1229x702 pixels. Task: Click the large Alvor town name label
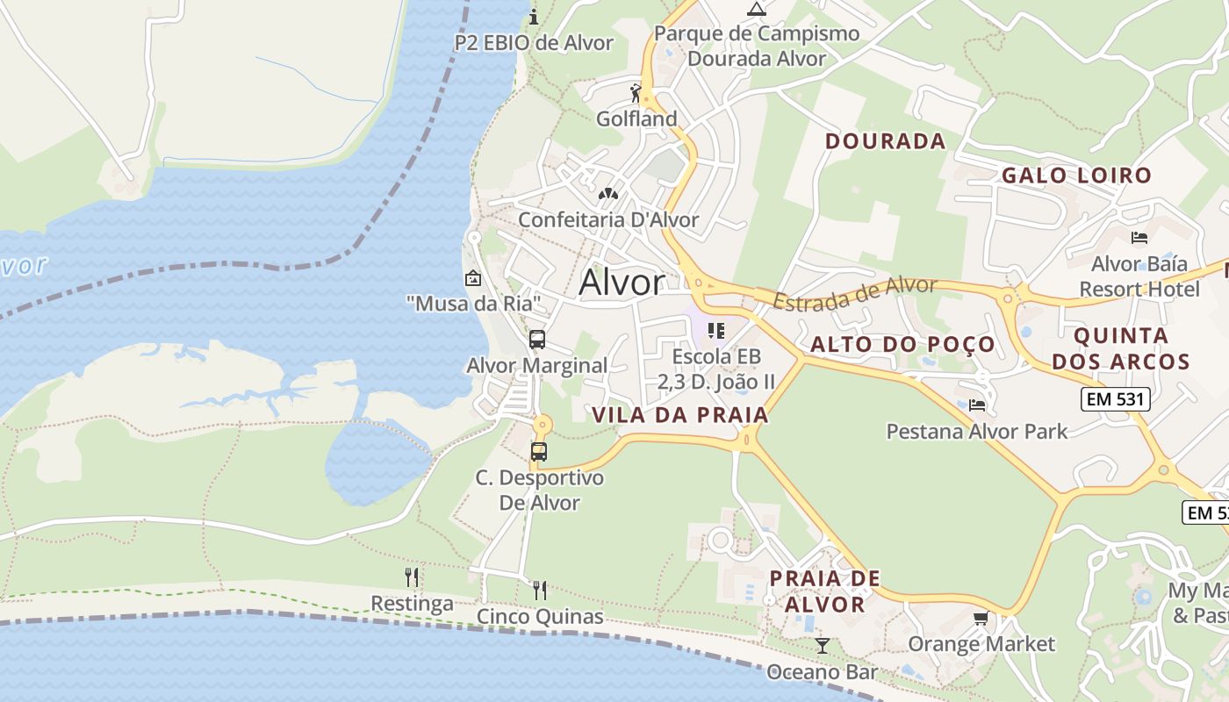tap(622, 283)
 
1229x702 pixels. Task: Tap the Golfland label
tap(636, 118)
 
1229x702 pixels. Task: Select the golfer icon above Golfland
tap(636, 92)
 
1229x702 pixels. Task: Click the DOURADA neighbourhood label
tap(885, 141)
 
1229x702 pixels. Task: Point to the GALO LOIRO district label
tap(1076, 175)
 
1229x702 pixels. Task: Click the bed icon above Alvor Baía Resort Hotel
tap(1139, 237)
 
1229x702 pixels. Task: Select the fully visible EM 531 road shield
tap(1115, 398)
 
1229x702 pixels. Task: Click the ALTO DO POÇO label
tap(902, 344)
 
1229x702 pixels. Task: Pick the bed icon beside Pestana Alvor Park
tap(977, 405)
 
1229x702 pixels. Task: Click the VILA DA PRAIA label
tap(680, 415)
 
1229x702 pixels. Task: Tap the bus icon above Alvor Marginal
tap(537, 340)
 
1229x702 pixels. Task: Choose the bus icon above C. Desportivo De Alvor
tap(539, 452)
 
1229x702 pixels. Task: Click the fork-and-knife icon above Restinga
tap(412, 577)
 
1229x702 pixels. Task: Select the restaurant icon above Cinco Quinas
tap(540, 590)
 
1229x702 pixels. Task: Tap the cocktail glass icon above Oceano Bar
tap(822, 646)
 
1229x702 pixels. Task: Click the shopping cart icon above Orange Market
tap(981, 619)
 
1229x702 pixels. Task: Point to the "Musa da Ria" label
tap(472, 304)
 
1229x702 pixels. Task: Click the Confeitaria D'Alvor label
tap(608, 220)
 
